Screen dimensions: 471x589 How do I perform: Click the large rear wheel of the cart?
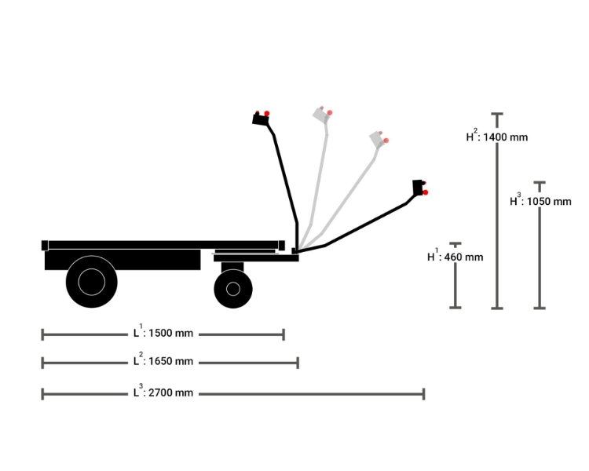(93, 281)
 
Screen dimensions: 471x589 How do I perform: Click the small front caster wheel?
(232, 288)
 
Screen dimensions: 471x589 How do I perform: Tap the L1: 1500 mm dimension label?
(163, 333)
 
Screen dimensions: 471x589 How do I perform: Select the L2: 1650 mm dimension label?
(163, 361)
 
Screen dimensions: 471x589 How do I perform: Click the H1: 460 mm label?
(455, 256)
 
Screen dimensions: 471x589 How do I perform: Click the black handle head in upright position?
(260, 119)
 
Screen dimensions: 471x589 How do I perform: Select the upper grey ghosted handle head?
(322, 114)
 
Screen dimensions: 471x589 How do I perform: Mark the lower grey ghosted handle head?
(379, 139)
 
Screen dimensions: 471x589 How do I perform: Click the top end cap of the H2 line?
(496, 115)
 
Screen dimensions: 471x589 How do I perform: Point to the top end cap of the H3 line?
(540, 183)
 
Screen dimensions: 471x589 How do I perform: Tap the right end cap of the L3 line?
(424, 393)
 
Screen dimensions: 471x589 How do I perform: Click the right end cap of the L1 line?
(283, 334)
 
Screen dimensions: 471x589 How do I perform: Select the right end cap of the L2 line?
(298, 362)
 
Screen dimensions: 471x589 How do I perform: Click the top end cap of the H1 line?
(455, 243)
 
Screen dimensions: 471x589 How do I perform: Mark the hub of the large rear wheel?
(93, 281)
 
